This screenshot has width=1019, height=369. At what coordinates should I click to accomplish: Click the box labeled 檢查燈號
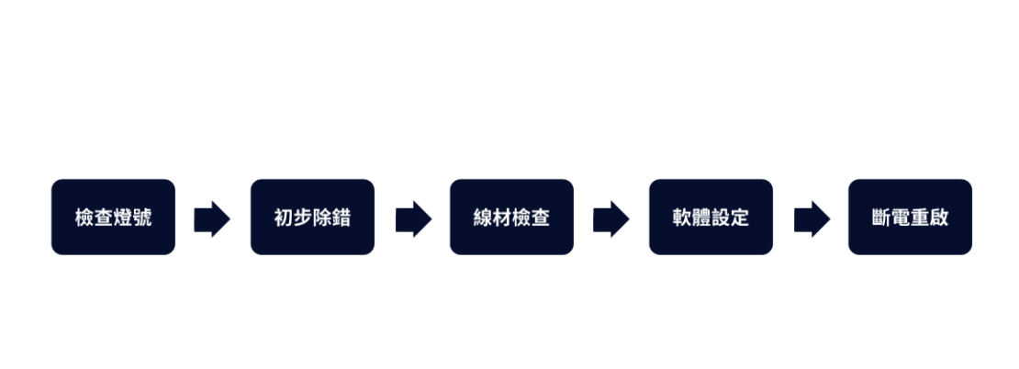[x=113, y=217]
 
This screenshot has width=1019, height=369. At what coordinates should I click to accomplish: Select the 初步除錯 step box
[x=313, y=217]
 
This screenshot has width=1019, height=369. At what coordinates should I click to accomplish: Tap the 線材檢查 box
[x=511, y=217]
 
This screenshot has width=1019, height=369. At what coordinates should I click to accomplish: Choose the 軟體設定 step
[x=711, y=217]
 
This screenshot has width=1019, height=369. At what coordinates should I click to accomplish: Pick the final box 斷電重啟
[x=910, y=217]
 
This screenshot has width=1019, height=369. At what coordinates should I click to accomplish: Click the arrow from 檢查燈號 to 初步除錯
[x=212, y=219]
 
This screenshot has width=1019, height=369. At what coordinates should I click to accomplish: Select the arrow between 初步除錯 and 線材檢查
[x=413, y=219]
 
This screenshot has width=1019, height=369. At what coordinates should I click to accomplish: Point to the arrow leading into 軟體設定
[x=610, y=219]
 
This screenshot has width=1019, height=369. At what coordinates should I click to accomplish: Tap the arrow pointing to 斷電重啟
[x=812, y=219]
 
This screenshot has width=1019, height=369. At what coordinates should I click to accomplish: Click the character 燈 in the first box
[x=123, y=218]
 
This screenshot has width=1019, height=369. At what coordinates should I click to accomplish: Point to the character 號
[x=142, y=218]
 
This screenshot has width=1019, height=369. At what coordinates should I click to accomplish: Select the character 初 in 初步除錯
[x=284, y=218]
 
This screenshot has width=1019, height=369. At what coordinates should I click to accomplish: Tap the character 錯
[x=342, y=218]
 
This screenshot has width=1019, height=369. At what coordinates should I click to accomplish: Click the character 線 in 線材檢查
[x=483, y=218]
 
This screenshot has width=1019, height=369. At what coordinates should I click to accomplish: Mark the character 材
[x=502, y=218]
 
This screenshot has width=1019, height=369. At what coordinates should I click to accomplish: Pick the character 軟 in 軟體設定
[x=682, y=218]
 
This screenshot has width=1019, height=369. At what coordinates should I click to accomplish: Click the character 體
[x=701, y=218]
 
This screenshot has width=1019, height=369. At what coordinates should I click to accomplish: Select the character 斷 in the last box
[x=881, y=218]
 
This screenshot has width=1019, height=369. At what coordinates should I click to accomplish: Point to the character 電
[x=901, y=218]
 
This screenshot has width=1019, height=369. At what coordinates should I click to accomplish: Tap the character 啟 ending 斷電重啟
[x=939, y=218]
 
